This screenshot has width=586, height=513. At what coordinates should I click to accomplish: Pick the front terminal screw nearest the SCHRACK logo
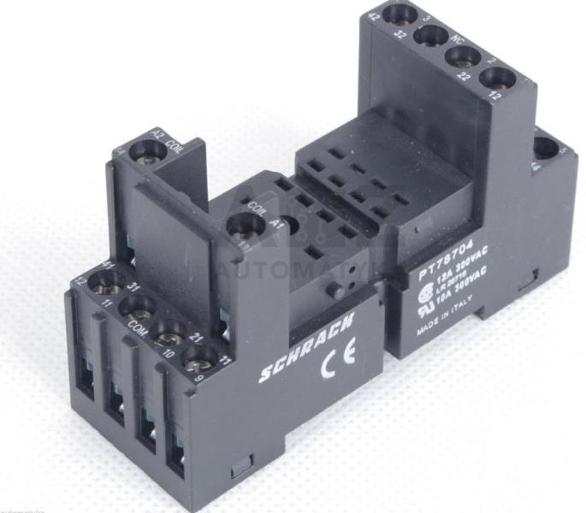point(198,353)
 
